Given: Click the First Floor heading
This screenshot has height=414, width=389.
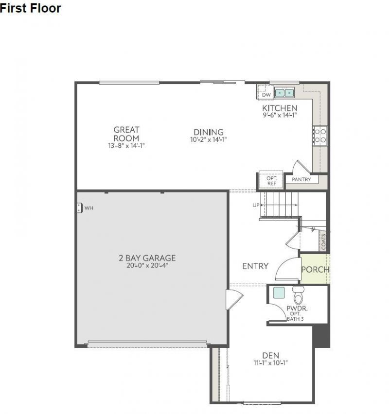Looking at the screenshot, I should click(31, 8).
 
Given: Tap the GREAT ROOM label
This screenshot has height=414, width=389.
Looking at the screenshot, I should click(126, 134).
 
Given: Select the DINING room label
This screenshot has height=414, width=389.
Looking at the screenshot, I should click(209, 132).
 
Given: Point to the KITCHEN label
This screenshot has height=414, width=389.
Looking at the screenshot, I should click(280, 108).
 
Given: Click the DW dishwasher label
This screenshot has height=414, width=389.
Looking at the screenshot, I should click(266, 95).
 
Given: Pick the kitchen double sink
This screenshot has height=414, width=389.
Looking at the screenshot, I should click(285, 92).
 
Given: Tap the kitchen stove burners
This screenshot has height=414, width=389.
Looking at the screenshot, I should click(320, 135).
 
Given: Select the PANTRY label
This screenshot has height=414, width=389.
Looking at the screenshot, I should click(301, 180).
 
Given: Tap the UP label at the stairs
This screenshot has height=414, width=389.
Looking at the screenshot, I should click(256, 205).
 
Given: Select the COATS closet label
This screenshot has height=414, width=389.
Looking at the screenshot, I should click(324, 241).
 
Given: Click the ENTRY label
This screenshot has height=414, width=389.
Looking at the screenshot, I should click(255, 266).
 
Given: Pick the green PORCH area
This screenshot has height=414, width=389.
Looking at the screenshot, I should click(315, 269).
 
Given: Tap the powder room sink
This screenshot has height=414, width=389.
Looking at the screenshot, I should click(279, 293).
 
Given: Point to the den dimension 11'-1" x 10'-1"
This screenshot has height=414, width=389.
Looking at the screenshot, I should click(270, 362).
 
